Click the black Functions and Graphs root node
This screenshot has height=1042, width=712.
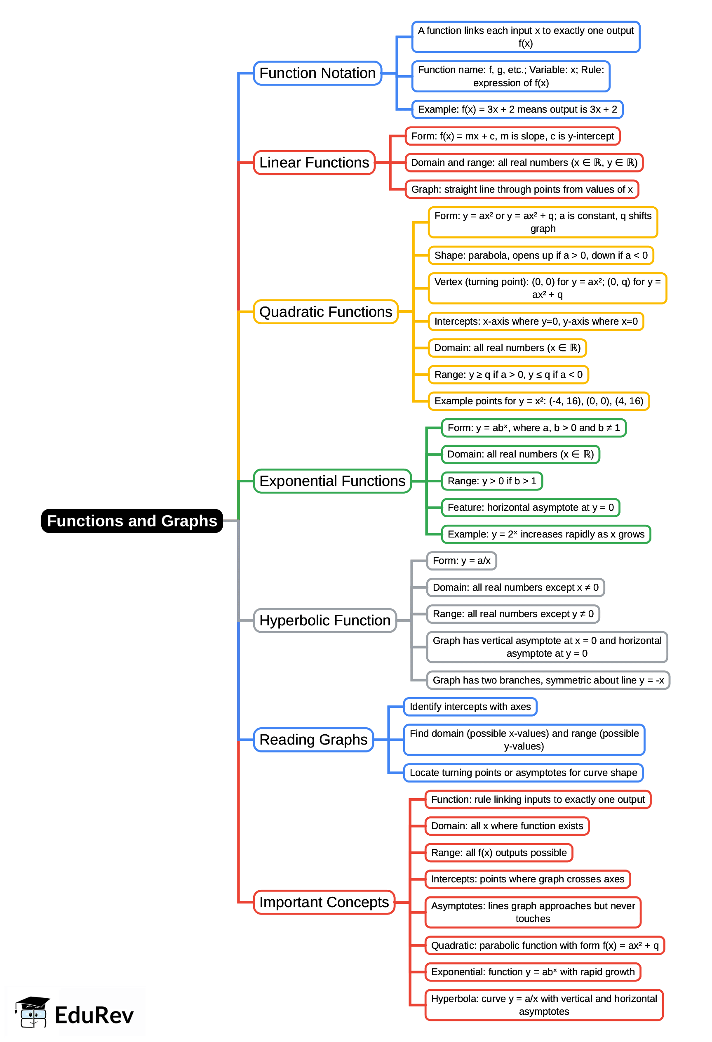point(132,521)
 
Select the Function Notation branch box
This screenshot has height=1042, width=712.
point(317,73)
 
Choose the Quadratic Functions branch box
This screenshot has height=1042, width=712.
point(326,312)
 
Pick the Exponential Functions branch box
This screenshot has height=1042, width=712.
point(332,481)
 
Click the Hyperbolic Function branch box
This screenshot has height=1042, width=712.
point(325,620)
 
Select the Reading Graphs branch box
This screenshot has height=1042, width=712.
point(313,740)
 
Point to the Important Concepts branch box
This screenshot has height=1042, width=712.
point(324,902)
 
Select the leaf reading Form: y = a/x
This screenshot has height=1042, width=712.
point(461,561)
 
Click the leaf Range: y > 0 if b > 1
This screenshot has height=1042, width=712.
point(491,481)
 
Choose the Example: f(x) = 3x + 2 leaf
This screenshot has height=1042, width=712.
point(517,109)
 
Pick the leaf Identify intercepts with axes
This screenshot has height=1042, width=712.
point(470,707)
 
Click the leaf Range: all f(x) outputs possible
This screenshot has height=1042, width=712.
point(499,853)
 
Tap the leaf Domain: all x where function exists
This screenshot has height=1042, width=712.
point(507,826)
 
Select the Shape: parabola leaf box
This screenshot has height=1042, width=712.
point(541,256)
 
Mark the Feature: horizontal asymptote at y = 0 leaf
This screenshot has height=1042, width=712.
point(531,507)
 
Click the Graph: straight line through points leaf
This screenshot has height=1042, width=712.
point(522,190)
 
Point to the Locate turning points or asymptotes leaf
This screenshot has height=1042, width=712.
point(523,773)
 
